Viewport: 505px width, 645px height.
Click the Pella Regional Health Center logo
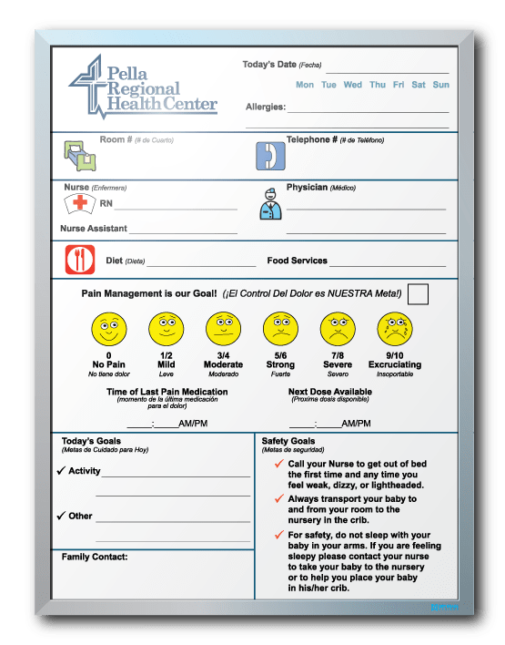coord(143,87)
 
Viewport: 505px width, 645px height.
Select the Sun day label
coord(440,85)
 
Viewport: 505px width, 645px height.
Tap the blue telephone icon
coord(270,156)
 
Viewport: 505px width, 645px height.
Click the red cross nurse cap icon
coord(81,203)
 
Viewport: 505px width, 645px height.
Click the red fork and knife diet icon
coord(80,261)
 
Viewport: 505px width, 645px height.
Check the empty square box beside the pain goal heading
coord(418,294)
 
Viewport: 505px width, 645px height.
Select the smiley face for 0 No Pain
coord(108,328)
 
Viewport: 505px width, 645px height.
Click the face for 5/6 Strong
coord(279,328)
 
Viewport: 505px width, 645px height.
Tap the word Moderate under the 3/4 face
coord(223,364)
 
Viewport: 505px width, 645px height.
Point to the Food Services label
coord(297,261)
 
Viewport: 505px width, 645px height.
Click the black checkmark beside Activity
coord(60,471)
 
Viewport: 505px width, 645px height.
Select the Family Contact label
coord(95,556)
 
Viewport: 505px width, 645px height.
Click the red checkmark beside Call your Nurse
coord(279,464)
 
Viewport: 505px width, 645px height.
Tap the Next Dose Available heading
coord(328,392)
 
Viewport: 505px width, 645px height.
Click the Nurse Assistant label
coord(94,228)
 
